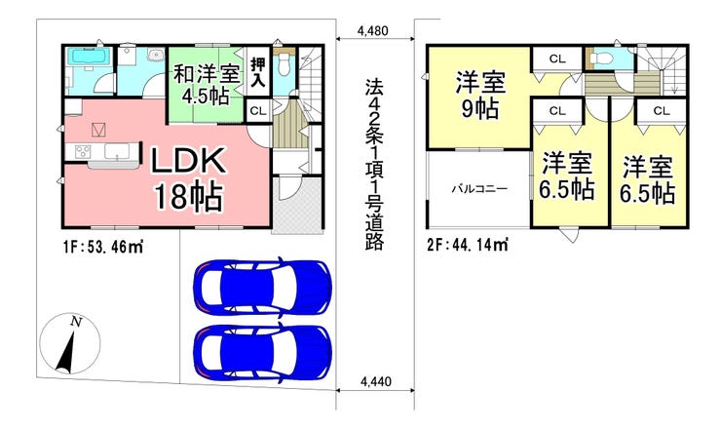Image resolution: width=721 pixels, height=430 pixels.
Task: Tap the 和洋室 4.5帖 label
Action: [x=206, y=84]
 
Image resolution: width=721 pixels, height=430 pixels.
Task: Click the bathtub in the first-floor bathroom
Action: [x=89, y=58]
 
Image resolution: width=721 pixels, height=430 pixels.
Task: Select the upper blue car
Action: [x=262, y=287]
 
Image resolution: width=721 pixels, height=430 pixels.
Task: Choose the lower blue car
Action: [x=262, y=351]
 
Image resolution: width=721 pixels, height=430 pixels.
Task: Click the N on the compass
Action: [x=76, y=322]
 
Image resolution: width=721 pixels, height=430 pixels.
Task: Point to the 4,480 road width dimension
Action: [x=373, y=31]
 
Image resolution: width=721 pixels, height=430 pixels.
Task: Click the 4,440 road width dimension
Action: [x=376, y=381]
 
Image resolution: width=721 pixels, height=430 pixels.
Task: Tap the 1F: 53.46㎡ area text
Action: [x=103, y=248]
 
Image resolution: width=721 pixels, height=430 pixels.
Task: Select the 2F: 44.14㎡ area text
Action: [x=468, y=245]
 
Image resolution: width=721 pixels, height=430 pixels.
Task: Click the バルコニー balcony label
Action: [x=479, y=189]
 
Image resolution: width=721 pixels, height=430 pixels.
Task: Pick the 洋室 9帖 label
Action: [x=480, y=96]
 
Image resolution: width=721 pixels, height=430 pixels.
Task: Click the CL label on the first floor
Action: [x=258, y=111]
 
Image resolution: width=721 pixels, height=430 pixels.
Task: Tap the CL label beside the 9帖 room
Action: [x=557, y=59]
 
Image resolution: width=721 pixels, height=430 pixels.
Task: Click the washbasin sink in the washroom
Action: [x=156, y=56]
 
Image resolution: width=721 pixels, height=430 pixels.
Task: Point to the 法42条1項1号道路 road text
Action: [x=374, y=165]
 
